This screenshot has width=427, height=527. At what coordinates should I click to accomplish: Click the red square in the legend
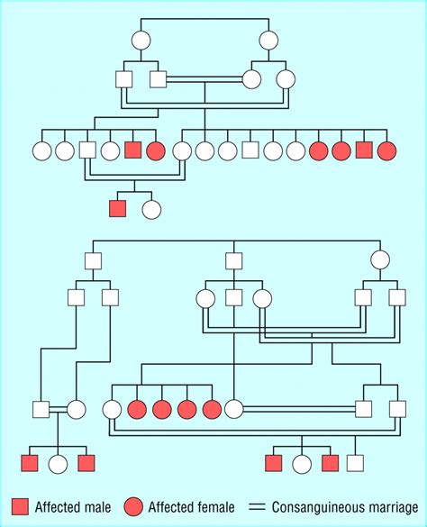[x=21, y=506]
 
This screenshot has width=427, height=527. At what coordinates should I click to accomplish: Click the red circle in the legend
[x=133, y=506]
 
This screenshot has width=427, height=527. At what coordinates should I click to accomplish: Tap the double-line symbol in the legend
[x=257, y=507]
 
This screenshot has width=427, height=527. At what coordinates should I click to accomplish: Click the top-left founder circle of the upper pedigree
[x=141, y=41]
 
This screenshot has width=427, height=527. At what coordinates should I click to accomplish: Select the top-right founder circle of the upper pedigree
[x=268, y=41]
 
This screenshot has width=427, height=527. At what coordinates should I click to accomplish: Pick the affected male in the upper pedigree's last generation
[x=118, y=209]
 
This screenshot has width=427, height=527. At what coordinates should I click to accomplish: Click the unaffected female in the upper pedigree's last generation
[x=151, y=209]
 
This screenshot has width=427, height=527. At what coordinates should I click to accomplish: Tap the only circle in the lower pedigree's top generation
[x=380, y=259]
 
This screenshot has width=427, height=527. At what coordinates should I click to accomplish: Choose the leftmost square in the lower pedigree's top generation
[x=93, y=261]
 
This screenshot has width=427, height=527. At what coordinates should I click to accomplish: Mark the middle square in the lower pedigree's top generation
[x=234, y=261]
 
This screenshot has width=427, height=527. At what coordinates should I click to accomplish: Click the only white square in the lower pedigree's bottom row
[x=356, y=463]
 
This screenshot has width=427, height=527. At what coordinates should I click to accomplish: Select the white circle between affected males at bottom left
[x=58, y=464]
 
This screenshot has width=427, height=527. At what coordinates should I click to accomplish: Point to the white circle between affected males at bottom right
[x=302, y=464]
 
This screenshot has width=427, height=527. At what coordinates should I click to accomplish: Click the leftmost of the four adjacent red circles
[x=137, y=410]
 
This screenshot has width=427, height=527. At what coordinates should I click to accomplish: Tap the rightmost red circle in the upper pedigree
[x=387, y=150]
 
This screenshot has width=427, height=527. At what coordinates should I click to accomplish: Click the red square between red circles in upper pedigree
[x=364, y=150]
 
